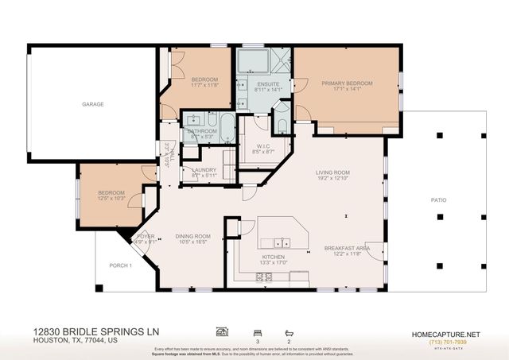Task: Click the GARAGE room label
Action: click(93, 104)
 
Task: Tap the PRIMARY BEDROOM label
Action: click(347, 83)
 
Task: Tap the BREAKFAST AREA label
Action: click(343, 248)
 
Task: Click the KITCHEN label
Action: click(274, 257)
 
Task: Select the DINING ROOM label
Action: click(194, 236)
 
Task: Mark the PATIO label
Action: click(438, 199)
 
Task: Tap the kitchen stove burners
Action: click(263, 277)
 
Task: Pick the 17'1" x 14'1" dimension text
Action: click(347, 90)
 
